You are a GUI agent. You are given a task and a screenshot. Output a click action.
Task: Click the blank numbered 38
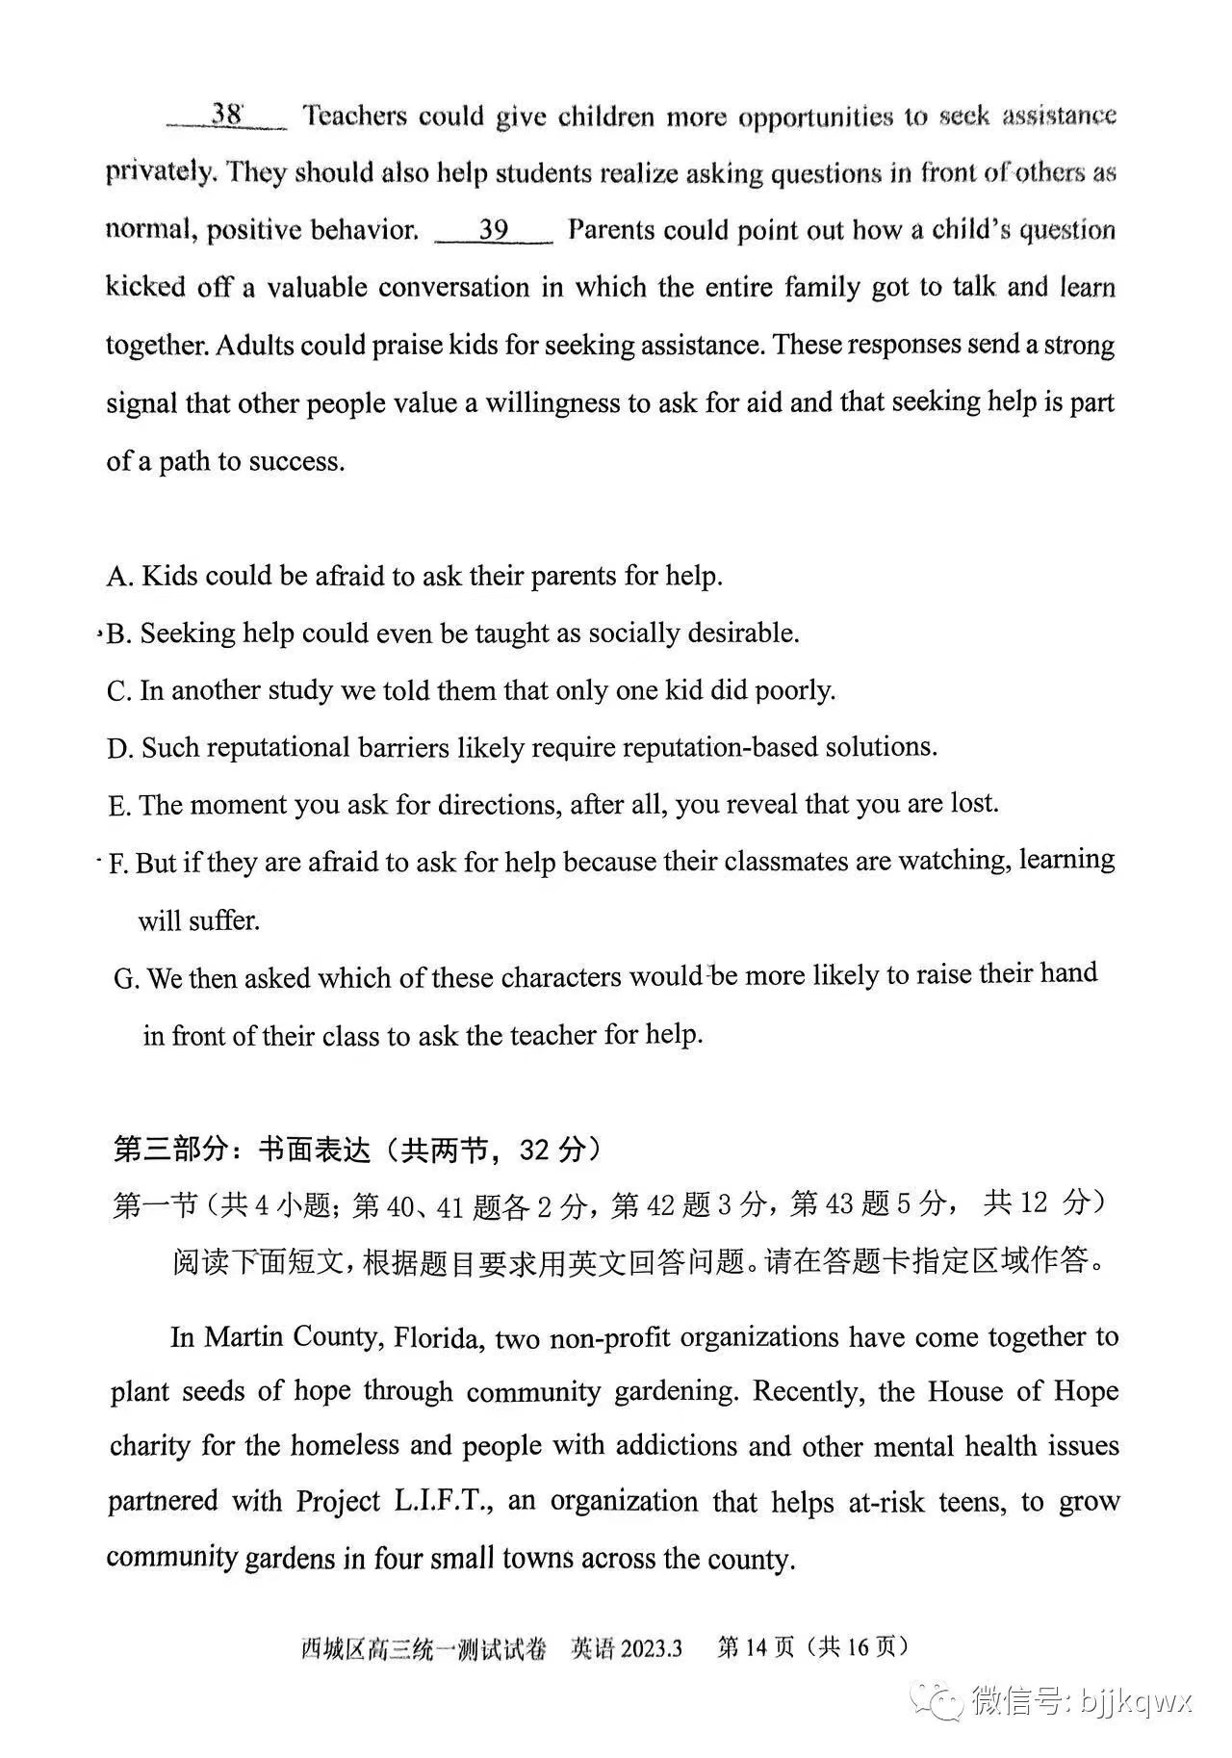(226, 116)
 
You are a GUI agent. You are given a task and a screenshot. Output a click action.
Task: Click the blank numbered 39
(493, 230)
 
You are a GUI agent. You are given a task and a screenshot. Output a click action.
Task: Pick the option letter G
(126, 979)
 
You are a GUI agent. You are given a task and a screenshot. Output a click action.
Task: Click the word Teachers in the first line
(355, 116)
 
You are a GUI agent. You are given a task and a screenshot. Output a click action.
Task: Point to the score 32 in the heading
(536, 1150)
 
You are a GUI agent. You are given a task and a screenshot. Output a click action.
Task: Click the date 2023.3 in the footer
(651, 1648)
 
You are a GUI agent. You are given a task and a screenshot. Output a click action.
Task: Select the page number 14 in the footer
(756, 1648)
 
